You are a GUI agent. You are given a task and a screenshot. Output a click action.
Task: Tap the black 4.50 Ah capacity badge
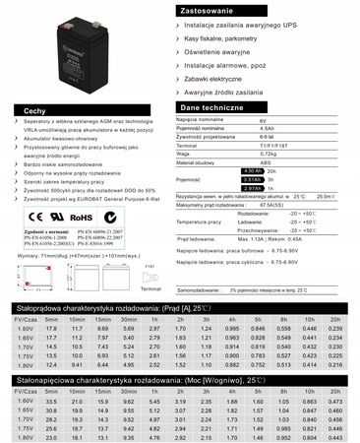point(253,171)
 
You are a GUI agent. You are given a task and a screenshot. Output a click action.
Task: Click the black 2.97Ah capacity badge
point(253,187)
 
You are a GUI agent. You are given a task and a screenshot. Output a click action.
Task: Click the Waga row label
point(185,155)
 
